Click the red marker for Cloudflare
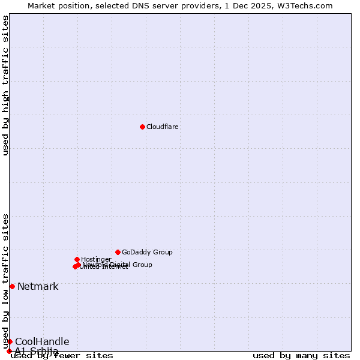(x=142, y=127)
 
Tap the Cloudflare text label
(x=163, y=127)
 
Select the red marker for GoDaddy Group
(x=118, y=252)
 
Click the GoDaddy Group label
(x=147, y=252)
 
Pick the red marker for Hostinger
(x=77, y=259)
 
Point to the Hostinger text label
(x=96, y=259)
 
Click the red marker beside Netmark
(x=12, y=286)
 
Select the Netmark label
(x=38, y=286)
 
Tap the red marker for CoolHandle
(x=10, y=341)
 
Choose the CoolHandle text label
(x=42, y=341)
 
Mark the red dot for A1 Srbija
(x=9, y=351)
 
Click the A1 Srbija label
(x=37, y=351)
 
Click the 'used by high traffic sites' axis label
(x=6, y=85)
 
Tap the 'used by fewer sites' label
(x=62, y=355)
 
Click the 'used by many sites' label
(x=301, y=355)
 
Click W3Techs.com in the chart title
(x=305, y=5)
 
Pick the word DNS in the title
(x=146, y=5)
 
